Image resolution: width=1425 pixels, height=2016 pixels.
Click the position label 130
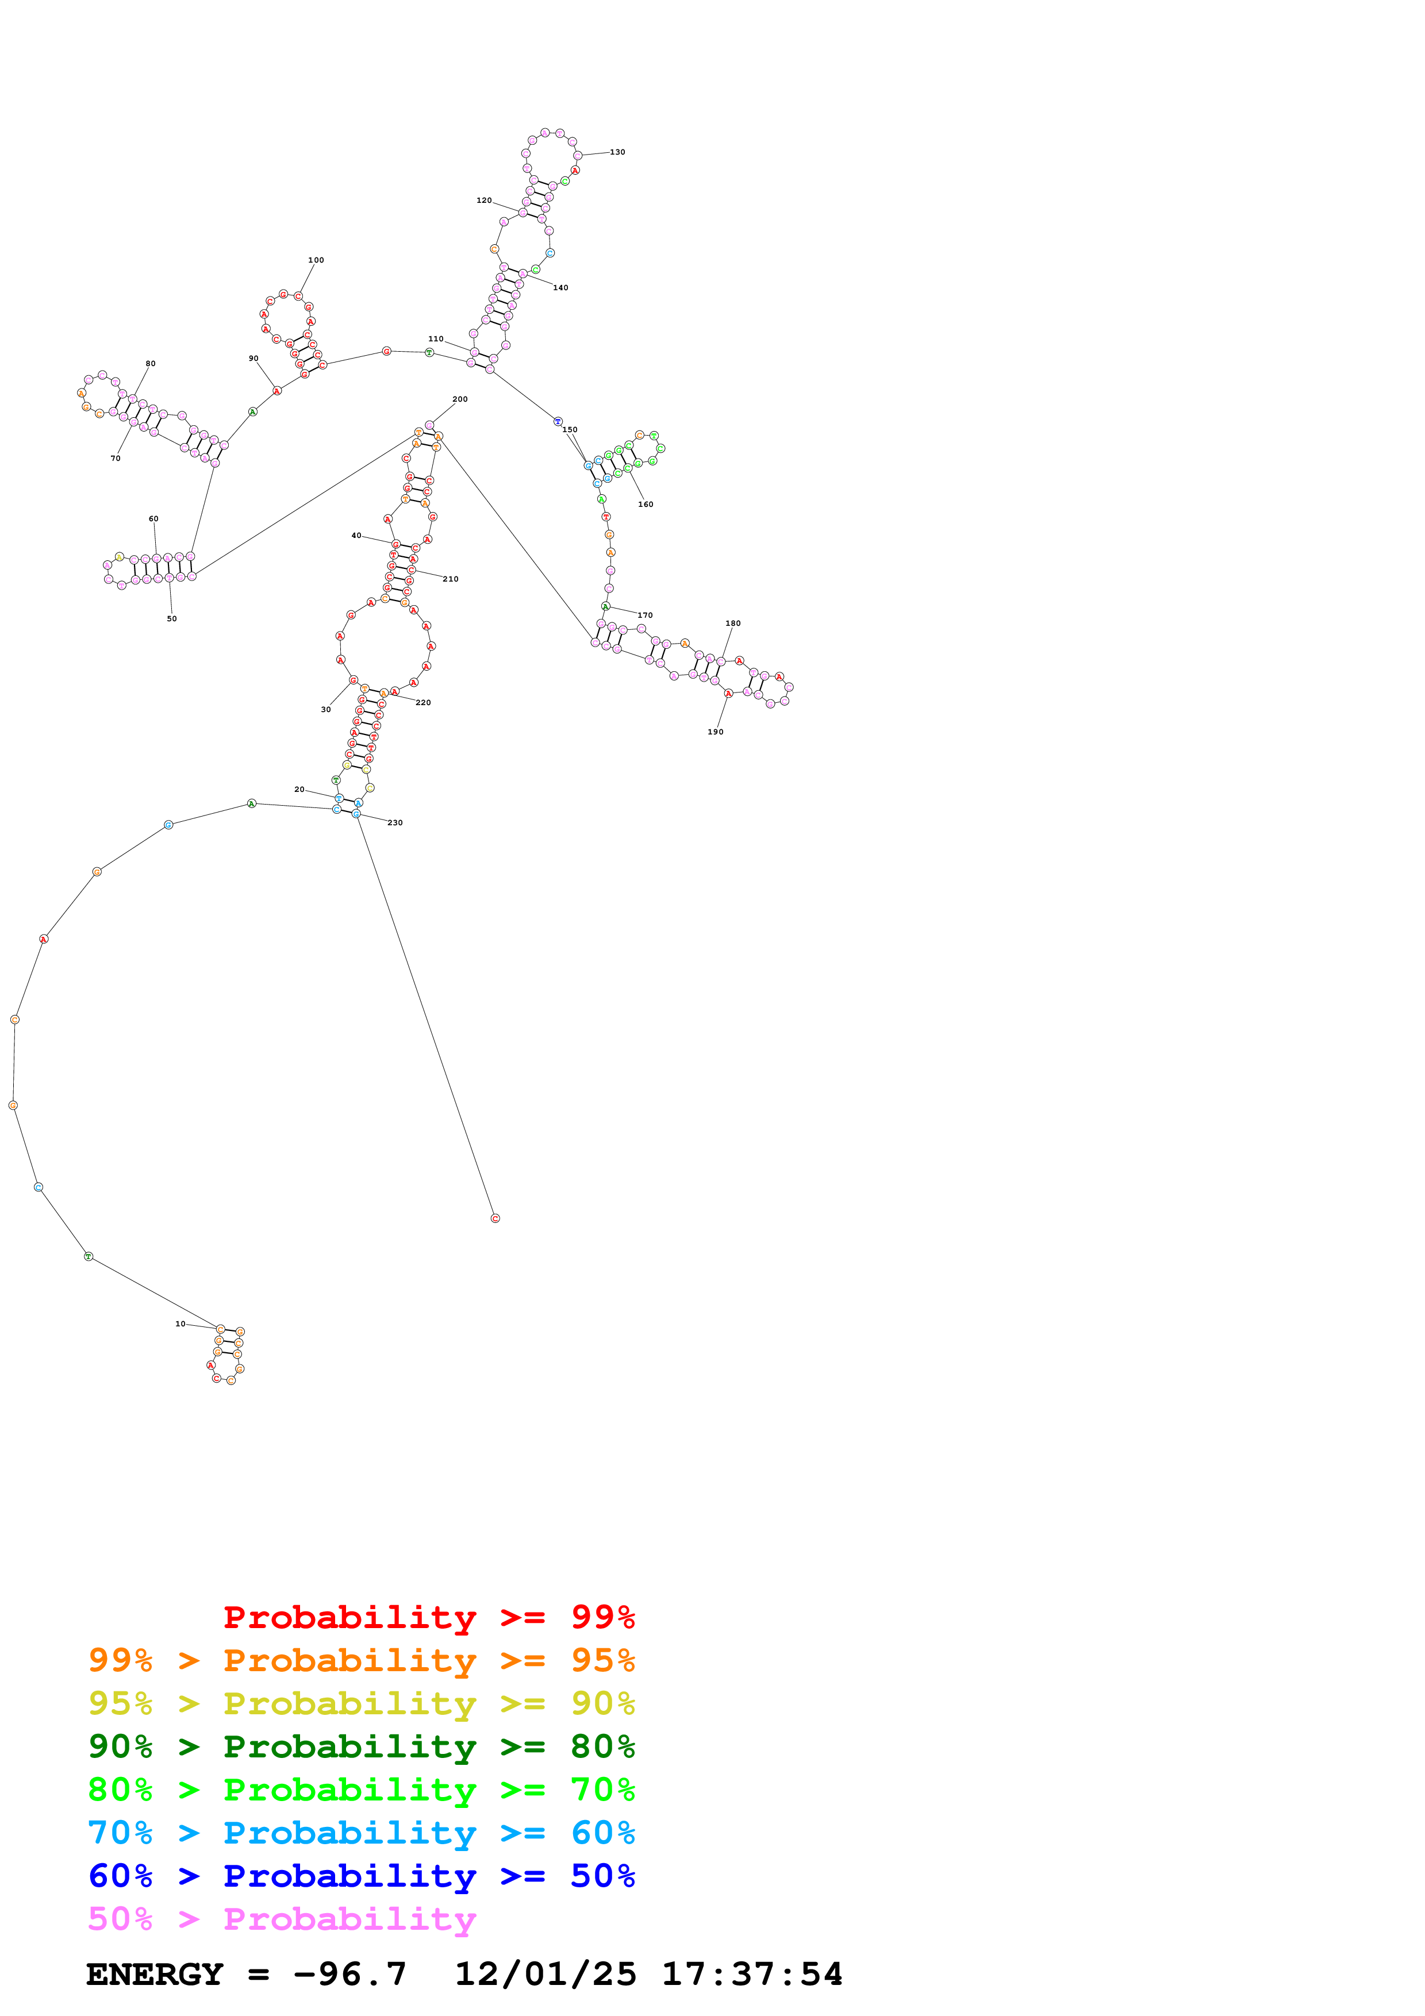[x=617, y=152]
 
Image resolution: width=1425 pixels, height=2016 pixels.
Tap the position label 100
[x=316, y=260]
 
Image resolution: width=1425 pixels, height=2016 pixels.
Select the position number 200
[x=459, y=399]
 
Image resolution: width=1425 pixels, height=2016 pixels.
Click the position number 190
[x=716, y=732]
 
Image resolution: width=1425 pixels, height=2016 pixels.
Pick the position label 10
[x=180, y=1324]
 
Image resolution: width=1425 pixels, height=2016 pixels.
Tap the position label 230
[x=395, y=823]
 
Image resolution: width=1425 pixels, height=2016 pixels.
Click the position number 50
[x=171, y=619]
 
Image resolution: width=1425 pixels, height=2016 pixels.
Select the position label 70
[x=115, y=459]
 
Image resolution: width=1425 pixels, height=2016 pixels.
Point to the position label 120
[x=484, y=200]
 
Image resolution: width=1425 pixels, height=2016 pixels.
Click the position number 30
[x=326, y=710]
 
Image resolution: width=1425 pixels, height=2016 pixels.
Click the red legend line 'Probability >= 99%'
[x=428, y=1617]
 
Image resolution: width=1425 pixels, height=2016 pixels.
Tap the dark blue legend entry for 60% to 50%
[x=361, y=1876]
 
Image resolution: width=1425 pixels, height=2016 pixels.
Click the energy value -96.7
[x=350, y=1974]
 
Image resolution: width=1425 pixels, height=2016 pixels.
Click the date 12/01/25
[x=546, y=1974]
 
